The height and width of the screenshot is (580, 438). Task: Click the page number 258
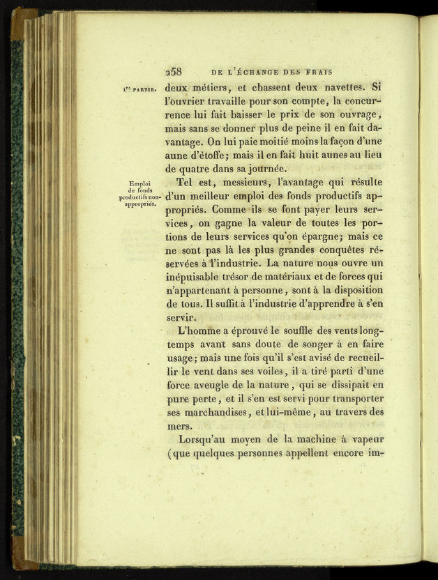click(x=173, y=71)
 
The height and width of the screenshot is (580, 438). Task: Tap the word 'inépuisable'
click(x=198, y=276)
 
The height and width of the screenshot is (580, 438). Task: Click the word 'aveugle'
click(x=220, y=384)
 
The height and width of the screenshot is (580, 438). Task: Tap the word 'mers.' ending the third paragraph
click(x=179, y=425)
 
